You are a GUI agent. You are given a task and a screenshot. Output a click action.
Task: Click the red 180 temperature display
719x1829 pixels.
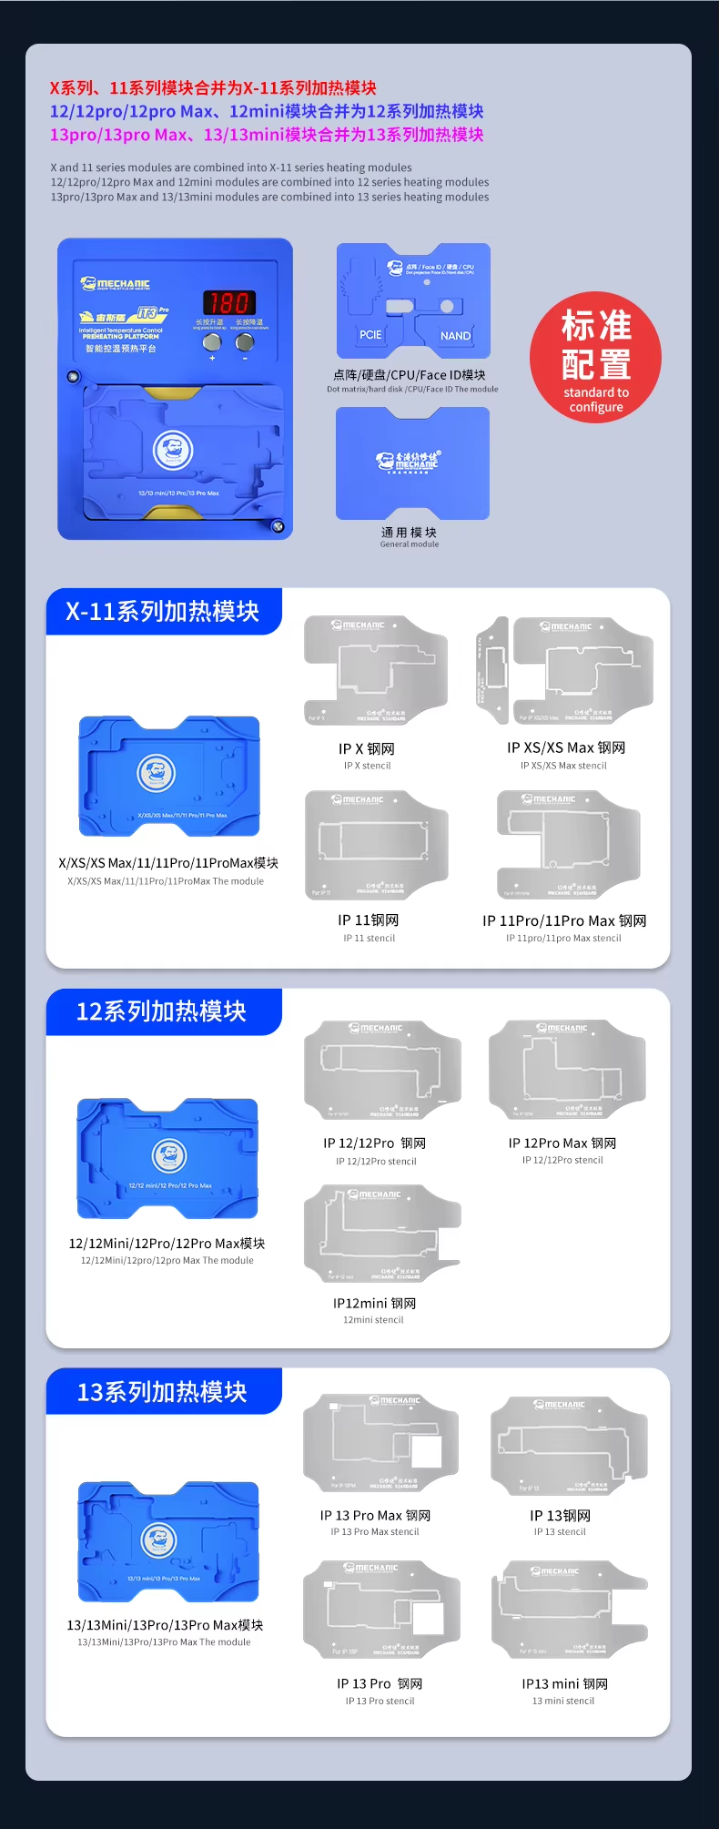(228, 303)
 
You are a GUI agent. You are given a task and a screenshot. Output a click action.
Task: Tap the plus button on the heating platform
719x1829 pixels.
(212, 342)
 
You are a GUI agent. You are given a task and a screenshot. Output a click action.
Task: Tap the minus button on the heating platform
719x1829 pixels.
(245, 342)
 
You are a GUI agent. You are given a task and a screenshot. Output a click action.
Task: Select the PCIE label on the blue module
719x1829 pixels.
(370, 335)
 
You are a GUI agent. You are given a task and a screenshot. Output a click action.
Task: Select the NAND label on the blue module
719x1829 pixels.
(455, 336)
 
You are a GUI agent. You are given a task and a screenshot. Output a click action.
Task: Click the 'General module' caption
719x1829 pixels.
(409, 544)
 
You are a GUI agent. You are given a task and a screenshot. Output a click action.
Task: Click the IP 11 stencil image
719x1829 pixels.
(376, 845)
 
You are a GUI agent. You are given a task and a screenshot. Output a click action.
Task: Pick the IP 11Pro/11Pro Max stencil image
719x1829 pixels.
(568, 845)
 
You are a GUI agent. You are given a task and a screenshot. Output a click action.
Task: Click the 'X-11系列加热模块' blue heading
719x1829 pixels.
(163, 612)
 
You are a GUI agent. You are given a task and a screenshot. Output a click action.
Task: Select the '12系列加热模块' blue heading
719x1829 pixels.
(162, 1012)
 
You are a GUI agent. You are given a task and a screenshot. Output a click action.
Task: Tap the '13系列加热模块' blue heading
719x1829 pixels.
(163, 1392)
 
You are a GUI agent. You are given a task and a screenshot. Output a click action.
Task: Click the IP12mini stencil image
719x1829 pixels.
(381, 1233)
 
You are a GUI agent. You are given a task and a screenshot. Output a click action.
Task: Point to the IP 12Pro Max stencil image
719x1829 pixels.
(566, 1071)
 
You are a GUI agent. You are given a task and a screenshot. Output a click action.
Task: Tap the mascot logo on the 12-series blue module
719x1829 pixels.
(169, 1156)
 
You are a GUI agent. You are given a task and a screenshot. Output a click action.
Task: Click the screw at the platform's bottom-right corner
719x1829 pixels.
(278, 526)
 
